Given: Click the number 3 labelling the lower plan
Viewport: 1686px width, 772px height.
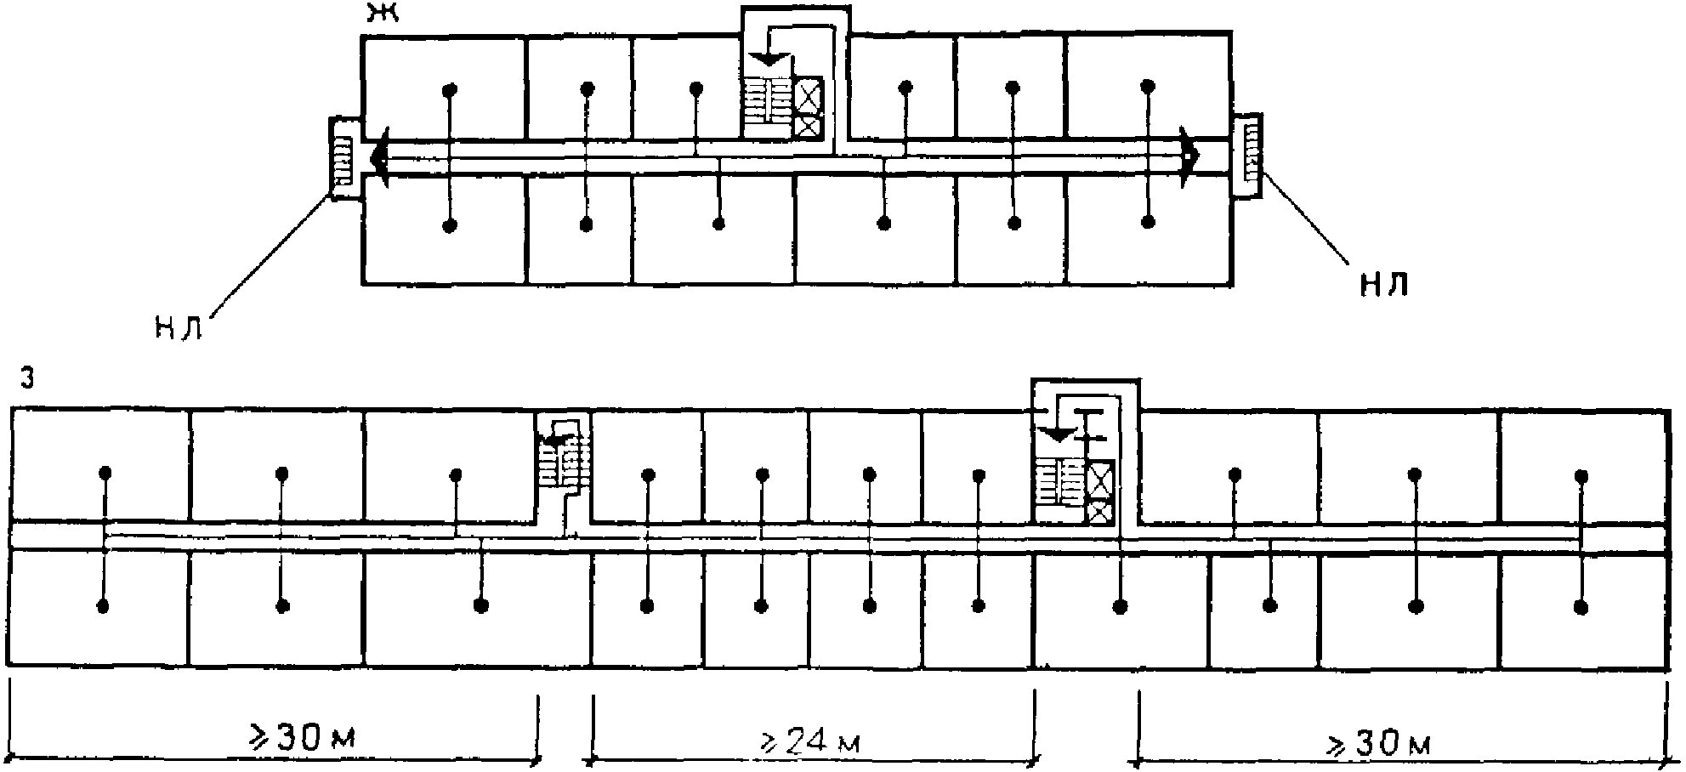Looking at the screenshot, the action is point(26,380).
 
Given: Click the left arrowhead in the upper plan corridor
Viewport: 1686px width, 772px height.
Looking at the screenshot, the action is point(379,158).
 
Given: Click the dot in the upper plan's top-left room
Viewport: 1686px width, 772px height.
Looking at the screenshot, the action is point(451,88).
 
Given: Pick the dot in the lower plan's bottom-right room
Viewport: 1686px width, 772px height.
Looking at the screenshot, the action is point(1581,607).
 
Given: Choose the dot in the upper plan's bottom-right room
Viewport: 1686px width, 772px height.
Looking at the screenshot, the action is point(1148,223).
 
